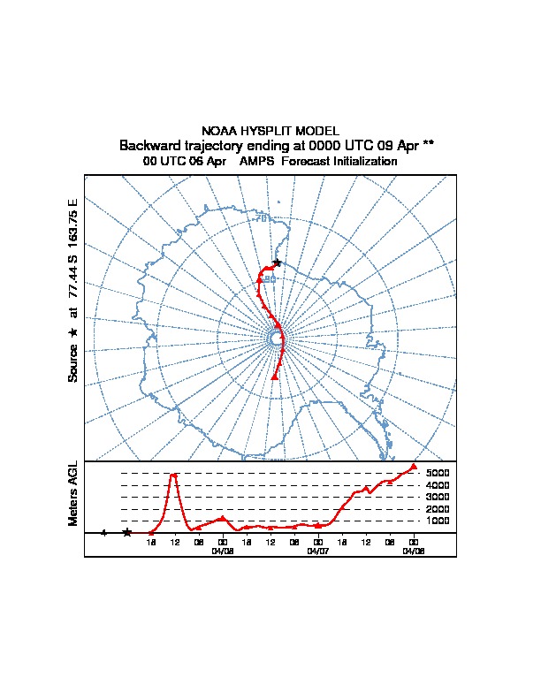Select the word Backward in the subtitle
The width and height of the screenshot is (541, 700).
coord(151,145)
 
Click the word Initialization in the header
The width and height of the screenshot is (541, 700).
coord(362,162)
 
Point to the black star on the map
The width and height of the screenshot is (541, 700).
coord(277,262)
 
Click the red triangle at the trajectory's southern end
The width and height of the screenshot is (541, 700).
coord(275,377)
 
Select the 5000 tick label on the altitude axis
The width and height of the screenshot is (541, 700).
coord(438,473)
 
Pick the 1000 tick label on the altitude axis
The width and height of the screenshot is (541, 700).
coord(438,521)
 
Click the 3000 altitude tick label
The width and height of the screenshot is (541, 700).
coord(438,497)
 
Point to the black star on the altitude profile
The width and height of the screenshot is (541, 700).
coord(127,532)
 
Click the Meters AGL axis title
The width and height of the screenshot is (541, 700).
coord(74,494)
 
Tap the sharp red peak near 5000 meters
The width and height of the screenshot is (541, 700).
coord(174,475)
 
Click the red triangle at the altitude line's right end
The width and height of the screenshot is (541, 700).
coord(413,466)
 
